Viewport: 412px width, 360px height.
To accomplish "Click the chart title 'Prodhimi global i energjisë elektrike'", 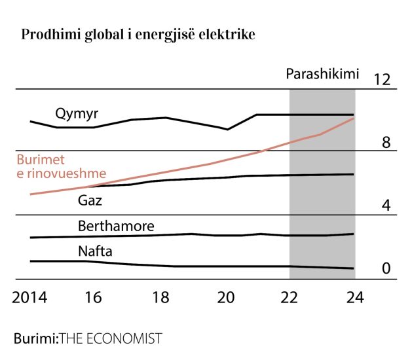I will coord(138,34).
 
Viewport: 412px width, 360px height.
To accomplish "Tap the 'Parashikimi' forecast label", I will coord(323,74).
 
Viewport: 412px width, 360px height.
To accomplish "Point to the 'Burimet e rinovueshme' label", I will coord(61,167).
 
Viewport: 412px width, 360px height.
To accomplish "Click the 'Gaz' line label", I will coord(90,200).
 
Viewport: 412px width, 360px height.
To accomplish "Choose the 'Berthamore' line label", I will coord(116,226).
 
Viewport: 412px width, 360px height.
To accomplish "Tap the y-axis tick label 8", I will coord(386,143).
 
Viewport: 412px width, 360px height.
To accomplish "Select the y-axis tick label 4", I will coord(386,206).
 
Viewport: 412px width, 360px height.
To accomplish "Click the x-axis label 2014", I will coord(31,297).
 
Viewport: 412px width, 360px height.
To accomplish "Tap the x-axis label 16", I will coord(93,297).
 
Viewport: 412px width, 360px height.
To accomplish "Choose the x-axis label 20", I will coord(225,297).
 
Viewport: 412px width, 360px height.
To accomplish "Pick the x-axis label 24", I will coord(354,297).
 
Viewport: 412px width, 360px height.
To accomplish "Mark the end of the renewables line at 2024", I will coord(354,118).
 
